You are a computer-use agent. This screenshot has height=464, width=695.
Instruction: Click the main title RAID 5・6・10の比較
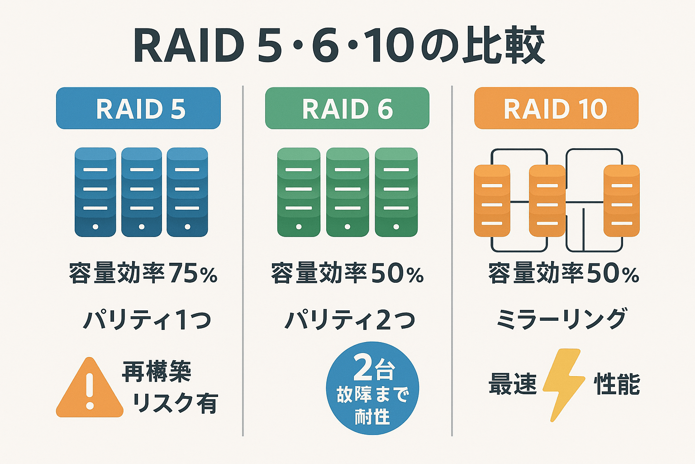[339, 46]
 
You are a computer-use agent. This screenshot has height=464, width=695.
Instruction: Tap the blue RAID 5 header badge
[138, 109]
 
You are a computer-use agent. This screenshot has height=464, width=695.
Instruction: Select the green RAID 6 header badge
[347, 109]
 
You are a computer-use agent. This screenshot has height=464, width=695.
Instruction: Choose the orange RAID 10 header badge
[556, 109]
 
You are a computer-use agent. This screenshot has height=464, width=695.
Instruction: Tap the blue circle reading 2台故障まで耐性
[372, 388]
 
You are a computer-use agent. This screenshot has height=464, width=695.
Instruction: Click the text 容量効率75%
[143, 273]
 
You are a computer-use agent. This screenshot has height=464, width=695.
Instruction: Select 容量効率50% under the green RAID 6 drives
[347, 273]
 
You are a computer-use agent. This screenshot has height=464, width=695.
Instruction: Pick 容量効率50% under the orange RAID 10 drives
[563, 273]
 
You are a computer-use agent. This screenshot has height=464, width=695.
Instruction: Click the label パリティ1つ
[147, 320]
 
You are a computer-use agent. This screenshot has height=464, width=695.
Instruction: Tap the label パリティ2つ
[349, 320]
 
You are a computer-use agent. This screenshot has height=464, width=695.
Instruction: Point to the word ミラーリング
[562, 319]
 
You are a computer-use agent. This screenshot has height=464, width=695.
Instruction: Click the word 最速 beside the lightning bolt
[512, 384]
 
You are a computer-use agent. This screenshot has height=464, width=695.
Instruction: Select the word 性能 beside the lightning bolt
[617, 384]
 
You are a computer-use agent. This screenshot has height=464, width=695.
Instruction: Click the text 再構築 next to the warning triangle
[157, 372]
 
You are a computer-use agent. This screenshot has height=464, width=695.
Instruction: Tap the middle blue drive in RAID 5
[142, 192]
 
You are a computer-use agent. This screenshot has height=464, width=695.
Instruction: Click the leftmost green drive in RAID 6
[299, 192]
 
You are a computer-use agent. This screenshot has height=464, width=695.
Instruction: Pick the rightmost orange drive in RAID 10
[621, 201]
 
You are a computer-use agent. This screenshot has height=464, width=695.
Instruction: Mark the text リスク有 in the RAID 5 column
[175, 403]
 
